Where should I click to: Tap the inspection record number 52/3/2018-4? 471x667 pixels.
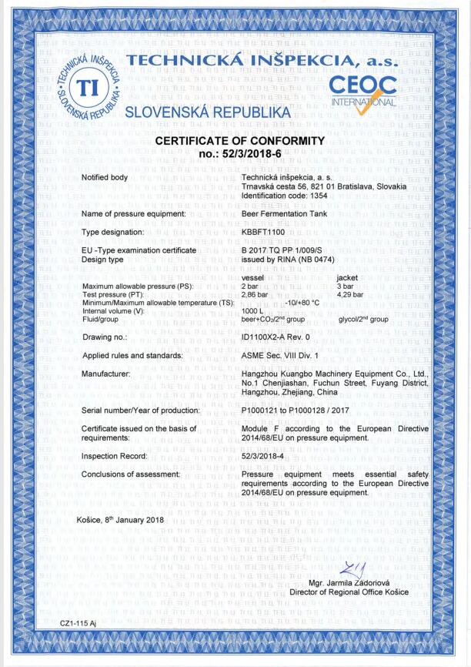[x=264, y=456]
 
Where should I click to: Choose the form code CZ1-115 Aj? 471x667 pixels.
[x=78, y=622]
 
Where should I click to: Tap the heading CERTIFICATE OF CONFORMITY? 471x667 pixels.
[x=240, y=141]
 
